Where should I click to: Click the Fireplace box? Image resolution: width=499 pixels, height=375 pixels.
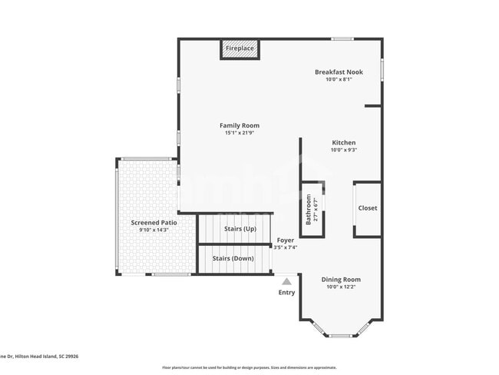click(x=240, y=49)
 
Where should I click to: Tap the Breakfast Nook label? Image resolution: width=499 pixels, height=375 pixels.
click(x=339, y=72)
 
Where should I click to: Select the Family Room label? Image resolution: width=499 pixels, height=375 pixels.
click(x=240, y=125)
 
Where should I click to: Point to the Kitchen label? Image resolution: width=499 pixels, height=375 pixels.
click(x=343, y=143)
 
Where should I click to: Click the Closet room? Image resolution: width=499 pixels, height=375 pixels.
click(x=367, y=208)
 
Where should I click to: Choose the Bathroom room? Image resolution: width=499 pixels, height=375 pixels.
click(x=312, y=209)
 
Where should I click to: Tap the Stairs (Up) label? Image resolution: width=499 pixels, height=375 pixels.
click(x=240, y=229)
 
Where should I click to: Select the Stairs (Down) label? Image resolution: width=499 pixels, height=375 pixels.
click(x=233, y=258)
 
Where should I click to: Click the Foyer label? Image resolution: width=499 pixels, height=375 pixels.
click(x=286, y=241)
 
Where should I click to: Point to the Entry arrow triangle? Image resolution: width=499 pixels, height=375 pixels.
click(x=286, y=281)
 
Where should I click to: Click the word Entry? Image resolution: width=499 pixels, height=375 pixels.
click(x=286, y=293)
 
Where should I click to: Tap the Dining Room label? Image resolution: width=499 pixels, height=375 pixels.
click(x=341, y=280)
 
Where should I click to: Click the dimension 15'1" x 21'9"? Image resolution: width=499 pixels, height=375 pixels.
click(x=240, y=133)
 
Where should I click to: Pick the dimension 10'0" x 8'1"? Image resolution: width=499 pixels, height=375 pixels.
click(x=339, y=80)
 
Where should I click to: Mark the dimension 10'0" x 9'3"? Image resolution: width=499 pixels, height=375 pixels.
click(x=343, y=151)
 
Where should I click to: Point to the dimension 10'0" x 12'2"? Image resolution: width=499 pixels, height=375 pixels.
click(x=341, y=287)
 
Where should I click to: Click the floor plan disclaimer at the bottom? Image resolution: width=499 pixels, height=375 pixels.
click(x=249, y=368)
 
